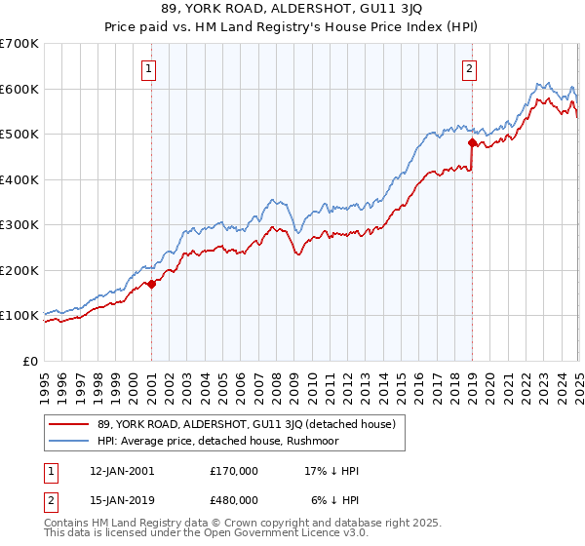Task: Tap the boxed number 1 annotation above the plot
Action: pyautogui.click(x=149, y=68)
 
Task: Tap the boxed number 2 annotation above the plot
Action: pyautogui.click(x=470, y=68)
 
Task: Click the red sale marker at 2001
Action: pyautogui.click(x=152, y=285)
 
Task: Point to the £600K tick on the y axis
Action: pyautogui.click(x=19, y=89)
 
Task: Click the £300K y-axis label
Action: pyautogui.click(x=19, y=225)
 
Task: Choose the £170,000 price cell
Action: pyautogui.click(x=234, y=471)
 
